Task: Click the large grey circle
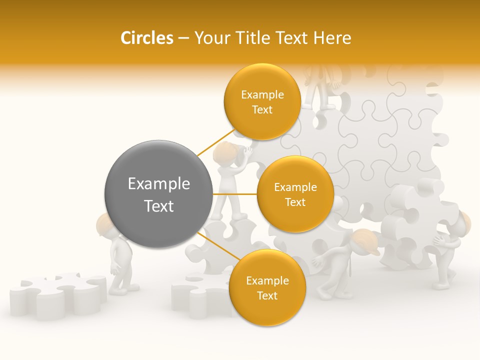[158, 194]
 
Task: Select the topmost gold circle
[262, 101]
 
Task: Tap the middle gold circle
[295, 194]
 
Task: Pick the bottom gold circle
[267, 287]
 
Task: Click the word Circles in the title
[146, 38]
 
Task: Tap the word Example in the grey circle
[159, 184]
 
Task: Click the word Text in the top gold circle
[262, 109]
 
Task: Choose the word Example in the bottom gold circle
[267, 280]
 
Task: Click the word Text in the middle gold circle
[295, 202]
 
